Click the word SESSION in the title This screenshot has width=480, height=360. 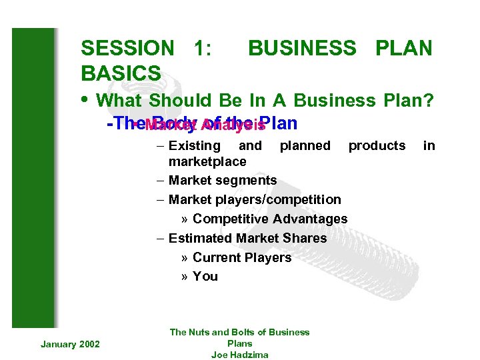point(127,49)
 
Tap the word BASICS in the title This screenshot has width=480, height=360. point(121,73)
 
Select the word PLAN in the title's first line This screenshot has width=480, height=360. point(404,49)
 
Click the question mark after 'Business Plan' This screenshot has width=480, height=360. point(428,101)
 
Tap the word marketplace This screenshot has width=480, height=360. point(207,162)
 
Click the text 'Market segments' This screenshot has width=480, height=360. point(222,180)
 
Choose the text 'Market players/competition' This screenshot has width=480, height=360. point(254,199)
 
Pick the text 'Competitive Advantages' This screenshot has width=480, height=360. point(269,219)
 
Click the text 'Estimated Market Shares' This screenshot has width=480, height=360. point(247,238)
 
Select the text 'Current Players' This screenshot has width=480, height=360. point(241,257)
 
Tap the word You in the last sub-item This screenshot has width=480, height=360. point(205,276)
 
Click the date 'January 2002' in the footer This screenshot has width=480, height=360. point(70,343)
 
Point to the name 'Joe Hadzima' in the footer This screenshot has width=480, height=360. point(239,355)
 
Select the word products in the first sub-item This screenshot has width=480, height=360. point(377,145)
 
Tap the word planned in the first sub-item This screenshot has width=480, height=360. point(305,145)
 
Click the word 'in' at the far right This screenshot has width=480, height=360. point(429,145)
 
